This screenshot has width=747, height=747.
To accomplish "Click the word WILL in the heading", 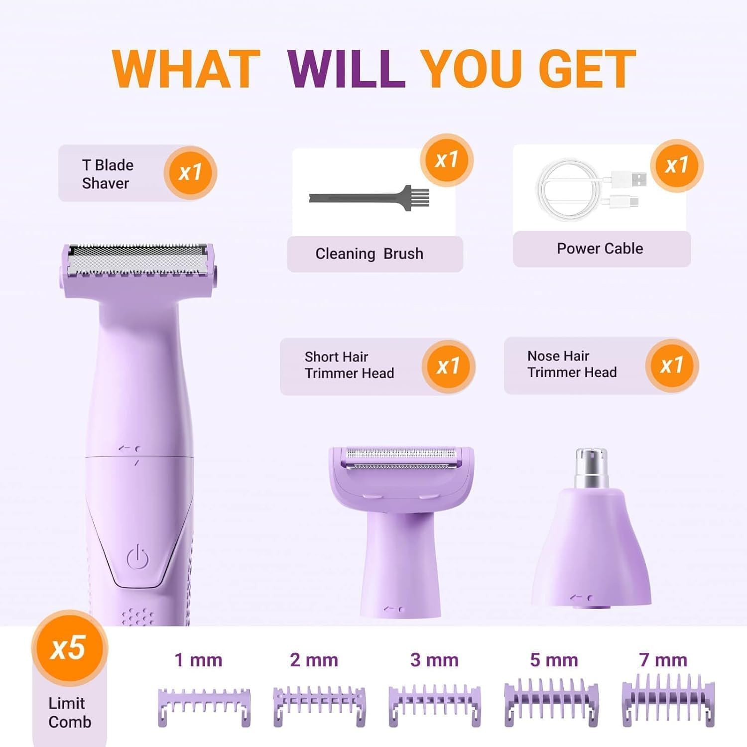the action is click(x=346, y=69).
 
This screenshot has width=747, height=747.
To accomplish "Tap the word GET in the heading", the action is click(x=587, y=69).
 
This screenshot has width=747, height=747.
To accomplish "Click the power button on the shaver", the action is click(x=137, y=557).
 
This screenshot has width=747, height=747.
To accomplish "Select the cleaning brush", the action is click(x=369, y=198).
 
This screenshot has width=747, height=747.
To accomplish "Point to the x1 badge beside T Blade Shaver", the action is click(x=190, y=172).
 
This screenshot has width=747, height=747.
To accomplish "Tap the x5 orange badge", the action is click(x=69, y=648).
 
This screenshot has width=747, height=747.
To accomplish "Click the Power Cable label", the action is click(x=600, y=249).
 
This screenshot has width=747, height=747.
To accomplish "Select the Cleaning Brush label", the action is click(x=369, y=254).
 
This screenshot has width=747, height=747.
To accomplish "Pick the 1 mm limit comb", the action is click(x=204, y=706).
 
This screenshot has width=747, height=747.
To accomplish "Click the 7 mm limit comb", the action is click(x=668, y=700).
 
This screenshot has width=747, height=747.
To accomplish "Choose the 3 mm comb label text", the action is click(x=434, y=660).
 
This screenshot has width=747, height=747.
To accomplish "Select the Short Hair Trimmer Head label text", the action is click(x=349, y=365).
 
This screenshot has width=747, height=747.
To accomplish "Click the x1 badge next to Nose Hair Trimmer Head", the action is click(x=672, y=366).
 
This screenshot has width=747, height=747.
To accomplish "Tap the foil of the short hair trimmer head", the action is click(x=401, y=459).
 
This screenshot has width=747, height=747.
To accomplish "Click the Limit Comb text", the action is click(x=70, y=713).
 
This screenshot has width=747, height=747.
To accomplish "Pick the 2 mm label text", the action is click(x=314, y=660).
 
